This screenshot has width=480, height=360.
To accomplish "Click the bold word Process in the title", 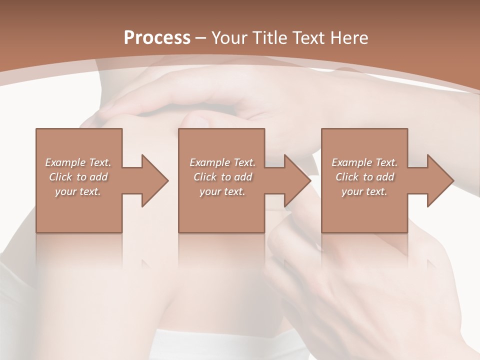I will coord(157,37).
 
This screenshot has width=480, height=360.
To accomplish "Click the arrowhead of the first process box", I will coord(154,180).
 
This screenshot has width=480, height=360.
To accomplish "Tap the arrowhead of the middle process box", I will coord(297,180).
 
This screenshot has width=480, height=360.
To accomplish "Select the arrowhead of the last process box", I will coord(439,180).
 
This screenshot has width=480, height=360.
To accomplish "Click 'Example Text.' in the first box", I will coord(78,162).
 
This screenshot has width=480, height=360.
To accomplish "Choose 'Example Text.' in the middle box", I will coord(222,162).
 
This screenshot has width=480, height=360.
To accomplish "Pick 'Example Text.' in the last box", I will coord(364,162).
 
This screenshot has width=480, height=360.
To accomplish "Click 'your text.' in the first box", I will coord(78,191).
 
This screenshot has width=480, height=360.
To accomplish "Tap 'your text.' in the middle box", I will coord(222,191).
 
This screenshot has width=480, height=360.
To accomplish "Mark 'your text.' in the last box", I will coord(364,191).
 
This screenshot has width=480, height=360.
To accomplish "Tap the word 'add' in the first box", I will coord(98,177).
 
